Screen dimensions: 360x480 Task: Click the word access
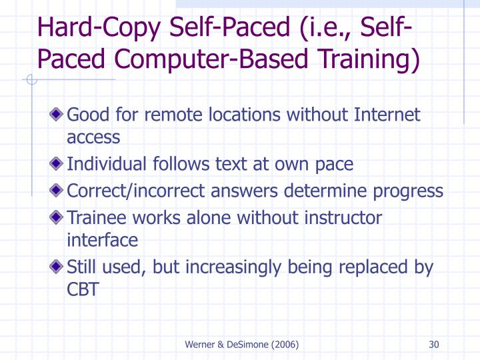coord(93,138)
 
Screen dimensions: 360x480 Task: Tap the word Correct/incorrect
coord(133,191)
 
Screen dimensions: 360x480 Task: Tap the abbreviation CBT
coord(83,290)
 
